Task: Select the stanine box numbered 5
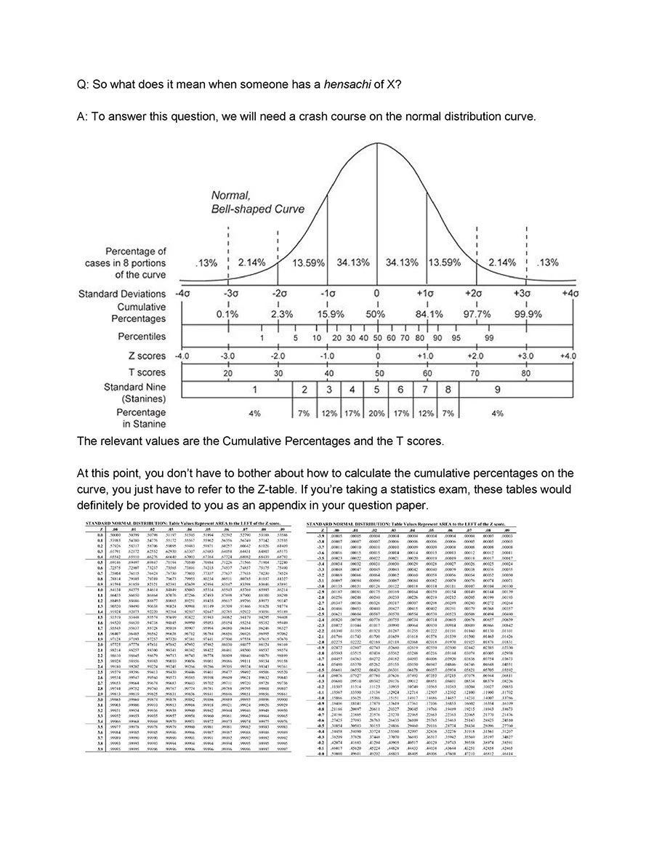[x=376, y=390]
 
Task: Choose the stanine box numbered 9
[x=496, y=390]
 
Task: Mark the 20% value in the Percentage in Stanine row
[x=376, y=413]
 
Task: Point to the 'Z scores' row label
[x=147, y=356]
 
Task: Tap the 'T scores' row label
[x=147, y=372]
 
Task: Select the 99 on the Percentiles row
[x=490, y=338]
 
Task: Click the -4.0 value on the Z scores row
[x=182, y=356]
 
